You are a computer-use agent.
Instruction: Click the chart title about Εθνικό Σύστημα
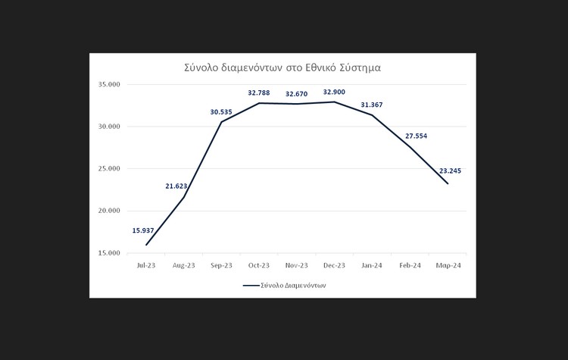(x=282, y=67)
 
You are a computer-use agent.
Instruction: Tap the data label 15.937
(x=143, y=230)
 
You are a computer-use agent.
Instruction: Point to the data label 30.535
(x=220, y=112)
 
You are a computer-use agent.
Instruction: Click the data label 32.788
(x=259, y=92)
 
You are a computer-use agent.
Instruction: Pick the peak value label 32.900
(x=334, y=92)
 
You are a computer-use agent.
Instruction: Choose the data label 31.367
(x=371, y=105)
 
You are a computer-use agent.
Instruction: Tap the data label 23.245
(x=450, y=171)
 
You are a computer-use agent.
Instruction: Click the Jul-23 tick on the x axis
(x=146, y=265)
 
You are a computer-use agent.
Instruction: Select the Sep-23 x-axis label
(x=220, y=265)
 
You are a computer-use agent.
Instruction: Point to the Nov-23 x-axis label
(x=296, y=265)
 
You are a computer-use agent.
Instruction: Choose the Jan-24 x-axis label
(x=371, y=265)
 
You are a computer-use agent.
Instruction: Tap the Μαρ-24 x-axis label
(x=448, y=265)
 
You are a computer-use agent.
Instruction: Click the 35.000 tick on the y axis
(x=110, y=85)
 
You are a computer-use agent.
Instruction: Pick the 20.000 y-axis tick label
(x=110, y=211)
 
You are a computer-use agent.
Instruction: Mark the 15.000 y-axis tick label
(x=110, y=252)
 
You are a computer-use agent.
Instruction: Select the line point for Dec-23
(x=334, y=102)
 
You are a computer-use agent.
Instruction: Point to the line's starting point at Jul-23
(x=146, y=245)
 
